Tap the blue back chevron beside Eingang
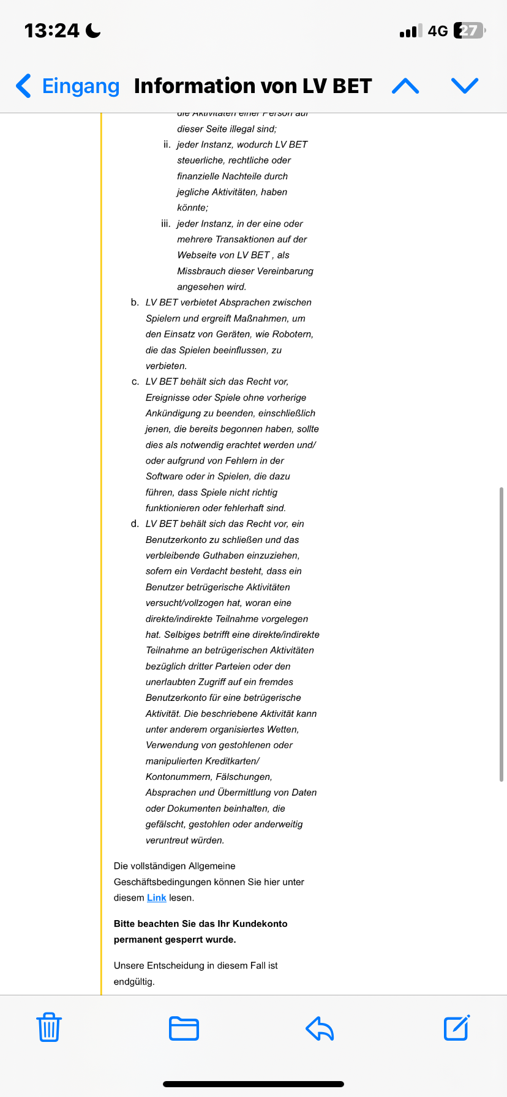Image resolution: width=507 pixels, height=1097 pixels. point(23,86)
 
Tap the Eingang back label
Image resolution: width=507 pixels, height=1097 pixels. point(80,86)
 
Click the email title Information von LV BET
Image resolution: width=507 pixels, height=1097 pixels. point(253,86)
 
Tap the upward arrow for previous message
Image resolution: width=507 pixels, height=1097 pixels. point(405,86)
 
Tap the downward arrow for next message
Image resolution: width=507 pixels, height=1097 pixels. point(464,86)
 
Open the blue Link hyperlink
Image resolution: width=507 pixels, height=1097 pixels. point(157,897)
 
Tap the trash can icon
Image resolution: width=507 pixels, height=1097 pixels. point(49,1028)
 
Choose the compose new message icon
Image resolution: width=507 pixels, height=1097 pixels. point(456,1028)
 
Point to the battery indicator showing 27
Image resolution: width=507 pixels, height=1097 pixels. point(469,31)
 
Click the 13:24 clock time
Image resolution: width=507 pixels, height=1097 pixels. point(51,31)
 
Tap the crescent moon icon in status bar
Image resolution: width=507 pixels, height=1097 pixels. point(93,31)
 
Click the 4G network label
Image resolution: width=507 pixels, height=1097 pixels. point(438,31)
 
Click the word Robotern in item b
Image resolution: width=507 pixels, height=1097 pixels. point(293,334)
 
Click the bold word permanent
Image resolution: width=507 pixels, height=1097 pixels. point(137,940)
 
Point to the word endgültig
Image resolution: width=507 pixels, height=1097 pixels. point(134,981)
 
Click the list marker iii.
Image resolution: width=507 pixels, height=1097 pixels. point(166,223)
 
